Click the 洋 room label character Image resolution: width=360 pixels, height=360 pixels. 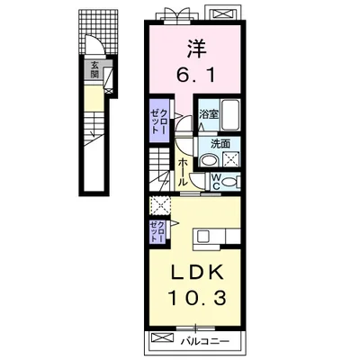pos(197,49)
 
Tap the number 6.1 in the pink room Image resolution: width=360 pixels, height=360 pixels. pos(196,75)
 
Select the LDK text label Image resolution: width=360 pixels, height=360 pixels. pos(197,273)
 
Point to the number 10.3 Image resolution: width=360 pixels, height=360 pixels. pos(197,298)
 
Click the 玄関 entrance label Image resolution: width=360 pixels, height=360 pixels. pos(95,69)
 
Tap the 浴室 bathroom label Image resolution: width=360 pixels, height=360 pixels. pos(209,114)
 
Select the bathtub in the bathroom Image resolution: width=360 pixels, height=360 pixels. pos(230,115)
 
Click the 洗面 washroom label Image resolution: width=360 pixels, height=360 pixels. pos(220,144)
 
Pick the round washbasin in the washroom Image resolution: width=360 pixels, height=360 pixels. pos(210,160)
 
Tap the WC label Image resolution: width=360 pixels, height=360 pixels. pos(216,182)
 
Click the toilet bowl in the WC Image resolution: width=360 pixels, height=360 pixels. pos(230,182)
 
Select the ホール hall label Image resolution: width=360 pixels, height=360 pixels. pos(183,173)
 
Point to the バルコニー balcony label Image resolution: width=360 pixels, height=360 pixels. pos(205,341)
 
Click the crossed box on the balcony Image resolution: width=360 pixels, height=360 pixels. pos(163,337)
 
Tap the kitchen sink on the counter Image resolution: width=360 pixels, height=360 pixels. pos(202,236)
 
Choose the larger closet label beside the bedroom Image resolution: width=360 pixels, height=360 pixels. pos(159,121)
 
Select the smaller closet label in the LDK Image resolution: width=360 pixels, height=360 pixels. pos(157,231)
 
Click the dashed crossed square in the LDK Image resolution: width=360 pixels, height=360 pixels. pos(160,206)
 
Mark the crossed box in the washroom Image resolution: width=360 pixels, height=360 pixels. pos(230,159)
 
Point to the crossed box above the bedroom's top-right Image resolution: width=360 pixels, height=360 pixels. pos(222,13)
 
